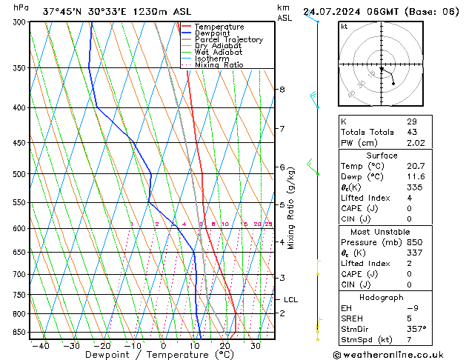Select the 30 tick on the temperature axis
coord(255,346)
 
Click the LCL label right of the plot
coord(290,300)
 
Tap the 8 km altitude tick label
coord(282,90)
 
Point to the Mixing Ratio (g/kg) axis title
coord(292,207)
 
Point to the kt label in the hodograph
coord(344,26)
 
